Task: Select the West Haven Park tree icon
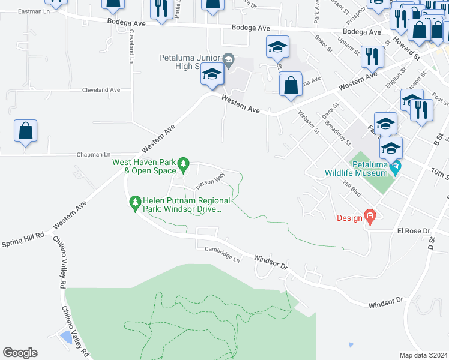185,162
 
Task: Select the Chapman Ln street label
94,155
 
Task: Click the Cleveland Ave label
101,90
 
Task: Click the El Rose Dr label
414,231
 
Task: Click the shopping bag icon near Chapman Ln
26,131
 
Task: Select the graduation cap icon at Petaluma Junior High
212,74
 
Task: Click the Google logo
20,353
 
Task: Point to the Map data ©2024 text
423,355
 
